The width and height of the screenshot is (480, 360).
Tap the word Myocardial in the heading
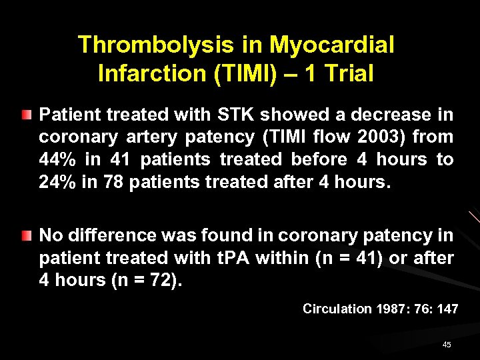point(332,45)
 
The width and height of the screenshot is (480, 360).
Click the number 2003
point(377,137)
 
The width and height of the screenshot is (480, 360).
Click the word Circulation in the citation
point(337,309)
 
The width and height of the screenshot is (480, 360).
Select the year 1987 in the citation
point(391,309)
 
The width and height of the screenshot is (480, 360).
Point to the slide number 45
point(447,345)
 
